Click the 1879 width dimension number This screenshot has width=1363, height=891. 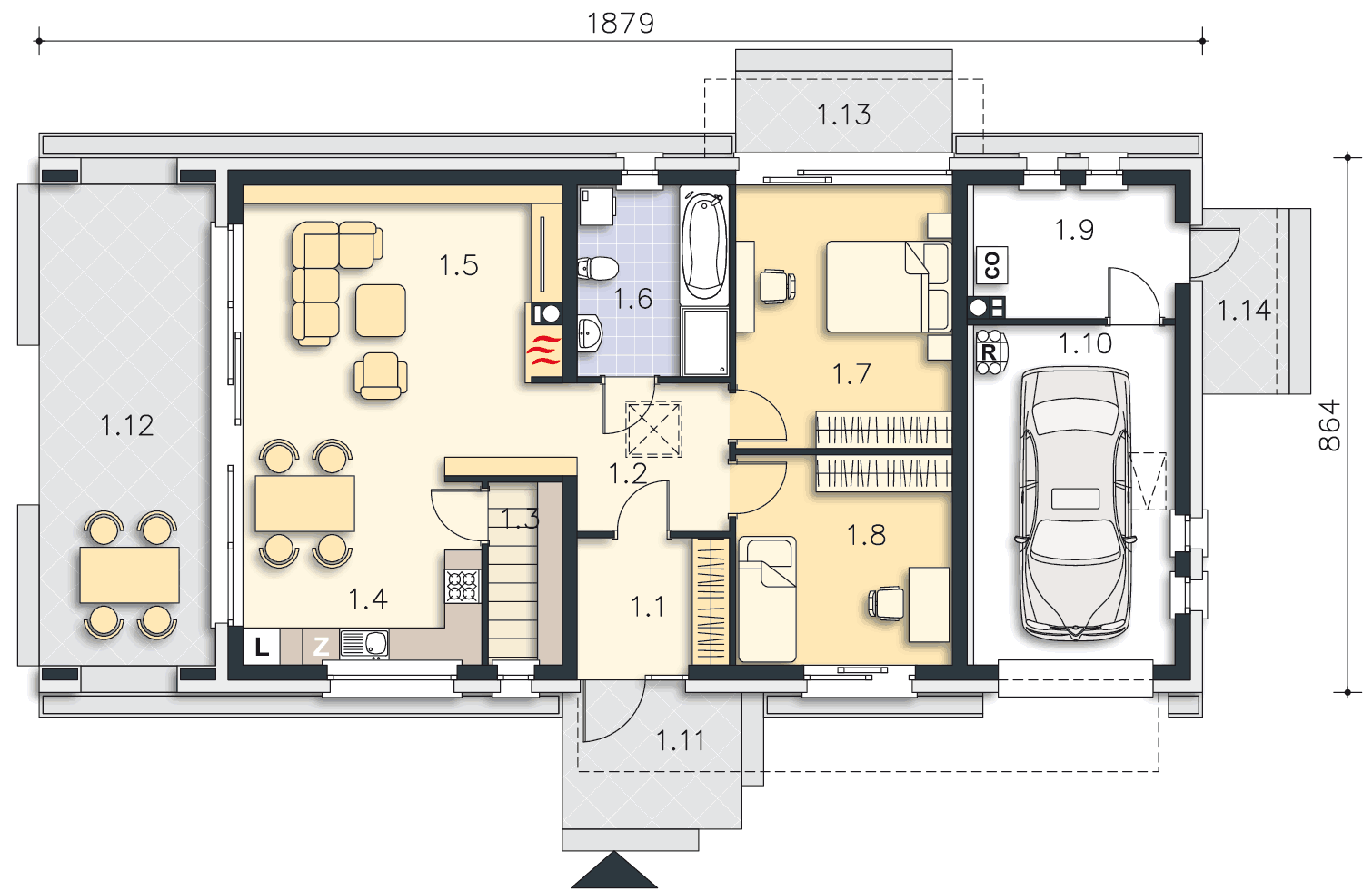click(621, 24)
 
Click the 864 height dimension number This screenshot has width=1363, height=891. click(1330, 425)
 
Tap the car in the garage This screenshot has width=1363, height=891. click(1075, 503)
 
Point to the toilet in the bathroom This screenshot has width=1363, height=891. click(598, 268)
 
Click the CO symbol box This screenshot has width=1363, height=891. click(992, 265)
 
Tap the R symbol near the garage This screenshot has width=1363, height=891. click(989, 352)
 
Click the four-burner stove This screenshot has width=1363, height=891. click(463, 586)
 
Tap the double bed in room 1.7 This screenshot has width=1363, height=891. click(888, 286)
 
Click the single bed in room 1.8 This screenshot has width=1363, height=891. click(767, 599)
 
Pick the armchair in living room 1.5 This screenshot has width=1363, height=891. click(381, 376)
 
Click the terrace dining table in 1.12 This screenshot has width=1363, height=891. click(130, 575)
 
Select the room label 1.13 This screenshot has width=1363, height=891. click(843, 115)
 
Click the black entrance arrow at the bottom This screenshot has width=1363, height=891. click(614, 870)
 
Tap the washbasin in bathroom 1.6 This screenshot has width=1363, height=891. click(589, 333)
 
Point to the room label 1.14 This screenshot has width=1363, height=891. click(1244, 311)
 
